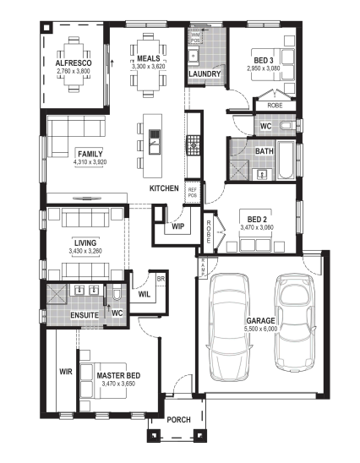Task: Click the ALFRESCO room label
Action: coord(74,63)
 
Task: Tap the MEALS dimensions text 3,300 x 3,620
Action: coord(148,67)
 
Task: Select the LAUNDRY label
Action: coord(205,74)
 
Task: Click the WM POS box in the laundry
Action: coord(195,37)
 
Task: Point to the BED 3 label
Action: coord(264,61)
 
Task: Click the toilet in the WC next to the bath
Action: coord(287,126)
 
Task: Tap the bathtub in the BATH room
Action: coord(286,161)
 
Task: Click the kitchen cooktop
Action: coord(193,145)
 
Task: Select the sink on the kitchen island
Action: coord(155,142)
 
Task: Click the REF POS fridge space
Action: coord(193,193)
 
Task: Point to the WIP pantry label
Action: coord(178,226)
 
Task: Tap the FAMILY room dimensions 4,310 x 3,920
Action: coord(90,162)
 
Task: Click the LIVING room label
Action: coord(85,242)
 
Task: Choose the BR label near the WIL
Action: coord(161,279)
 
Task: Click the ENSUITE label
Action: coord(85,315)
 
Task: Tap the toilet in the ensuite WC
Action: coord(117,291)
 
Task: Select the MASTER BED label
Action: coord(118,376)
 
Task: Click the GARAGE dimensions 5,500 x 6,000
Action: coord(260,329)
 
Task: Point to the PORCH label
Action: coord(178,420)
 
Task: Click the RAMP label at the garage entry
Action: coord(204,268)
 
